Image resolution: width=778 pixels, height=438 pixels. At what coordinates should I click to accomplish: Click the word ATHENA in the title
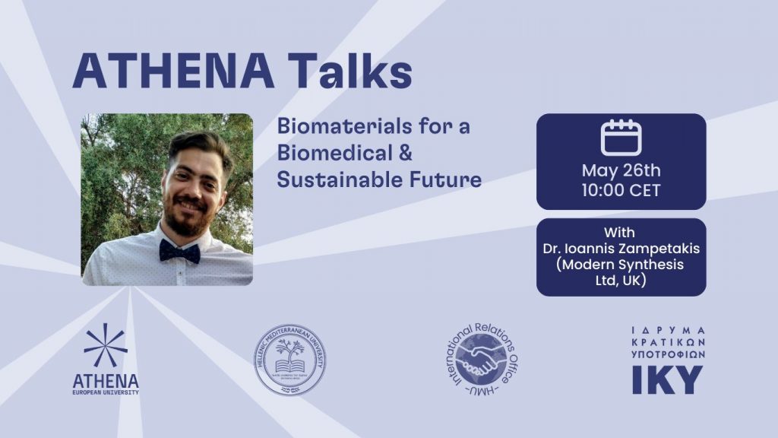[x=176, y=72]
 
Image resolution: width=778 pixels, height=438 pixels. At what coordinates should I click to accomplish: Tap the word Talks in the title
[x=351, y=72]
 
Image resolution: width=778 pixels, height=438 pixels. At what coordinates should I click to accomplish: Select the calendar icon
[x=621, y=138]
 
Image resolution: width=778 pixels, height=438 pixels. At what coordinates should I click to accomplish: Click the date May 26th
[x=621, y=170]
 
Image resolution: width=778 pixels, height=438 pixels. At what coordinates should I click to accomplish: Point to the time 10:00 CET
[x=621, y=190]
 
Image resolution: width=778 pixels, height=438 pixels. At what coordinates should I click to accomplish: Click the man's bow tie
[x=180, y=250]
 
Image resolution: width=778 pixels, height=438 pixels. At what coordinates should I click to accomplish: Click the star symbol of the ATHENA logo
[x=106, y=345]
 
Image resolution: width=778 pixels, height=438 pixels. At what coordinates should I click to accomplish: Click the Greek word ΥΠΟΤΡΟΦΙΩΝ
[x=669, y=354]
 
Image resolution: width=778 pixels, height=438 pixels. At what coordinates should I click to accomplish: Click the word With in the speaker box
[x=620, y=232]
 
